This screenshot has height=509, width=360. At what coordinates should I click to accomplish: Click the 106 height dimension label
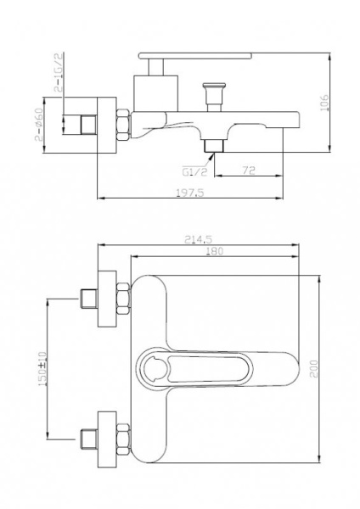(x=324, y=103)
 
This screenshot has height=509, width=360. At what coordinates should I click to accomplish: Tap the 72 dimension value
(x=249, y=171)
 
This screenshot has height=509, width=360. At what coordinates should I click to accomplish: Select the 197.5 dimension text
(x=190, y=193)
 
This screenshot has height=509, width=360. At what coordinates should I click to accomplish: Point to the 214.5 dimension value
(x=198, y=239)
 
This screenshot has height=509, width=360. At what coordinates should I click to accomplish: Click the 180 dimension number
(x=215, y=251)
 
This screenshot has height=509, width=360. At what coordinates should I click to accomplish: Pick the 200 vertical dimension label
(x=314, y=368)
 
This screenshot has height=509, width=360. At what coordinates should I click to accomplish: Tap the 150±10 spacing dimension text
(x=42, y=369)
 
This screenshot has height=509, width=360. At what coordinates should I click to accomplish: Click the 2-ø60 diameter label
(x=39, y=125)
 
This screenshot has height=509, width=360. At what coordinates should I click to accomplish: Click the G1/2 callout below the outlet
(x=194, y=171)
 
